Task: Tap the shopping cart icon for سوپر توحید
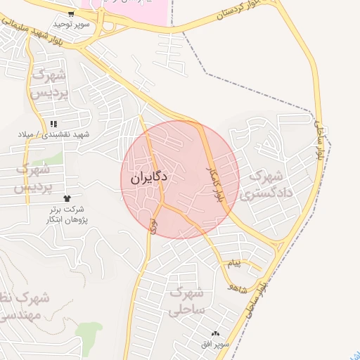pos(71,13)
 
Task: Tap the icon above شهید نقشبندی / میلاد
pos(53,123)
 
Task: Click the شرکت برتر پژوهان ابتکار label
pos(68,215)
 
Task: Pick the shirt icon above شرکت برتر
pos(67,198)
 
